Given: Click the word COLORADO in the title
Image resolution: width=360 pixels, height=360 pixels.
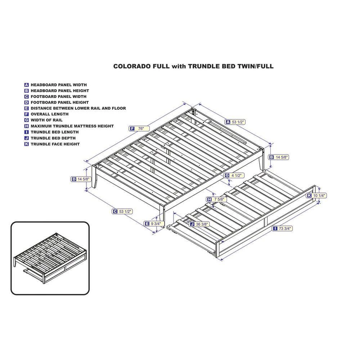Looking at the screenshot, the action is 141,66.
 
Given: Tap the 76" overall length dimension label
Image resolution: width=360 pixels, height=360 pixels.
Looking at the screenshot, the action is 139,129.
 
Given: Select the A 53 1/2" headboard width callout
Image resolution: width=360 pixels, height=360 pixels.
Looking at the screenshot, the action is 235,122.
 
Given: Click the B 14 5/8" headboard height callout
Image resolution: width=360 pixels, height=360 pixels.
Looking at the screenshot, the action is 279,157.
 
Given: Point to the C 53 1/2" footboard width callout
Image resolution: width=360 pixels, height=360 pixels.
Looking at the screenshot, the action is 122,211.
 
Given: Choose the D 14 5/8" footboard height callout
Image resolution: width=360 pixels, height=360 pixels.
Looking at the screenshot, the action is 81,179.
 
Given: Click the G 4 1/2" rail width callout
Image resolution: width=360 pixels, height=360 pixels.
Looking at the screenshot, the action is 234,175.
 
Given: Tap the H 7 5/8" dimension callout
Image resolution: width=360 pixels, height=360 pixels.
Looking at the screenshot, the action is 216,199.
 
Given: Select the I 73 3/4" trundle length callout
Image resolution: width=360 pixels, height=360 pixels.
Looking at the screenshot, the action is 282,229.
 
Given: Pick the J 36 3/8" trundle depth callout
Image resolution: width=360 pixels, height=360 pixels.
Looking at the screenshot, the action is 199,224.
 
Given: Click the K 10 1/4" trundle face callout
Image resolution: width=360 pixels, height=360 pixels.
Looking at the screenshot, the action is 316,195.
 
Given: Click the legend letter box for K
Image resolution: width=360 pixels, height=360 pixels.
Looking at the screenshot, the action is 27,144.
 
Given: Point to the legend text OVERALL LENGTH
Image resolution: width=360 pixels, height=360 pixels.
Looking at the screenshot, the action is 50,114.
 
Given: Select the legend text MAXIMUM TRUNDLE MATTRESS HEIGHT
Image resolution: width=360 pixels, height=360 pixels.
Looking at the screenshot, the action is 72,126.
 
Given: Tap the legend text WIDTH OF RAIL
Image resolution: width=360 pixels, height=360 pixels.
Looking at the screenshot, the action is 46,120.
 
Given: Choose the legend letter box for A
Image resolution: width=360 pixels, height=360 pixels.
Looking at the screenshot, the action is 27,85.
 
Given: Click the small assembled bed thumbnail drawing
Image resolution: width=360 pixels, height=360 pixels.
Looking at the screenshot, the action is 50,258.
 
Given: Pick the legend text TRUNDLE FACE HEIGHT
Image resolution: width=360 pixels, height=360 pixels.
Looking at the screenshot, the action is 55,144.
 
